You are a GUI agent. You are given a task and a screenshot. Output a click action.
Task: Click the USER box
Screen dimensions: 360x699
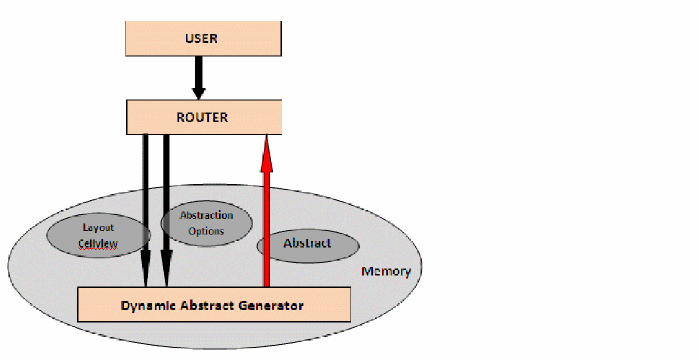(203, 38)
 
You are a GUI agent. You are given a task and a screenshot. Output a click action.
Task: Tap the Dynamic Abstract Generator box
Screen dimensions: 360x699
(214, 305)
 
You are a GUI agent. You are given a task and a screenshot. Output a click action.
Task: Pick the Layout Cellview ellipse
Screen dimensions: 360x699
(99, 235)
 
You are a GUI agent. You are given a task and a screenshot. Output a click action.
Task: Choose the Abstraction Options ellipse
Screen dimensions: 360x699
(206, 223)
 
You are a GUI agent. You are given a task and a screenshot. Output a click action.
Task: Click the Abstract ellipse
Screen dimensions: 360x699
(308, 244)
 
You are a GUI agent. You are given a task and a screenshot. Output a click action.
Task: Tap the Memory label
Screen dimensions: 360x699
(386, 271)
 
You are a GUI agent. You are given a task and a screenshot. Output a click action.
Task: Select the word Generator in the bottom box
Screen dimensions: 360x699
(272, 305)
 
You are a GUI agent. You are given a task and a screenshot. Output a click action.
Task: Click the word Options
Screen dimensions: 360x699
(206, 231)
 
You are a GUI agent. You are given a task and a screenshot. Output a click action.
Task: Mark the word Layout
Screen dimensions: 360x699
(99, 227)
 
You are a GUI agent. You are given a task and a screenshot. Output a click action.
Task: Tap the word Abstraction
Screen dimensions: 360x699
(206, 215)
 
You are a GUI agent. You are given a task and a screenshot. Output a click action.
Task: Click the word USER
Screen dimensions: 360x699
(203, 38)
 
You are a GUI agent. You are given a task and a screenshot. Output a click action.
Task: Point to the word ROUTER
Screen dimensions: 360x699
(203, 117)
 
